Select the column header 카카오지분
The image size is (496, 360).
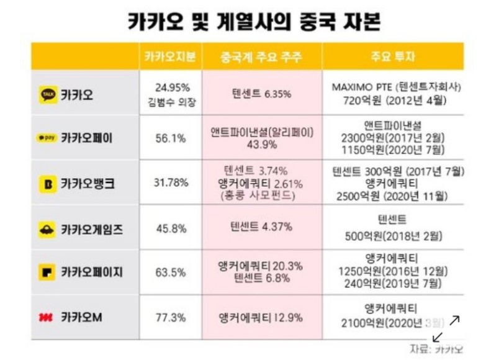(169, 57)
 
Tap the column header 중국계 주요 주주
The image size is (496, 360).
(261, 57)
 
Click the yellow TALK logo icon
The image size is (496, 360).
(48, 95)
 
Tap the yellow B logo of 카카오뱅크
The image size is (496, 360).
(48, 184)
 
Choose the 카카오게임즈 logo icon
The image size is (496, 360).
(48, 228)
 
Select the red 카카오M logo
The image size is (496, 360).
(47, 317)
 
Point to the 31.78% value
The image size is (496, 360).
(169, 184)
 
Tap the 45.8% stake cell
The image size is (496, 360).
(169, 228)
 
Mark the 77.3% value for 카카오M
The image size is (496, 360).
(169, 317)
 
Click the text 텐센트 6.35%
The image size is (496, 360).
(261, 95)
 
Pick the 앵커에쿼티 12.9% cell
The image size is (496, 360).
(261, 317)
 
